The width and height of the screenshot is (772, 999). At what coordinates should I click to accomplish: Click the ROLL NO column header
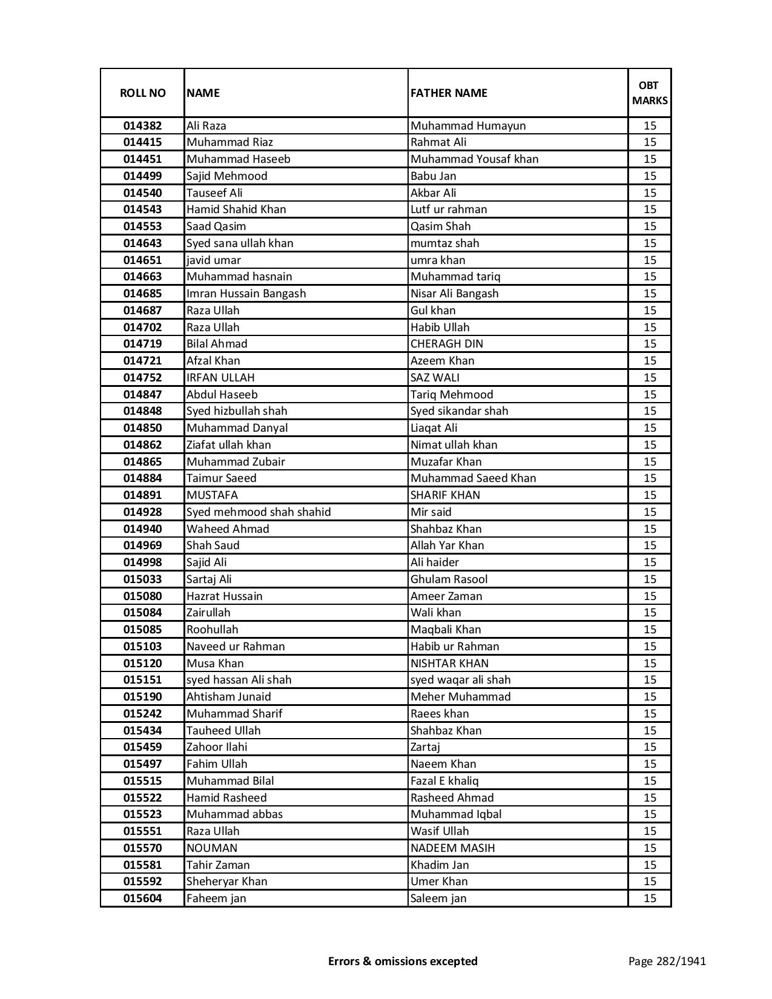142,93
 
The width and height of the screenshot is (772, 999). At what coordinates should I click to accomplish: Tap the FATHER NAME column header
449,93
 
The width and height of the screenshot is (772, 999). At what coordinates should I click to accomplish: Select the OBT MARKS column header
650,93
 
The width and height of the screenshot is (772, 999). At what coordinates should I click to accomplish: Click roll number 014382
142,126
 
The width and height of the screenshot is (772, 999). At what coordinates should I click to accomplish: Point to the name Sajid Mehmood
226,176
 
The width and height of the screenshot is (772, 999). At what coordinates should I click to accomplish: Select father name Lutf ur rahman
448,209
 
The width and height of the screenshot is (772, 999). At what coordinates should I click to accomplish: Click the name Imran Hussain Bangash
246,294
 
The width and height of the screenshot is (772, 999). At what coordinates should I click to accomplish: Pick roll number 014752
142,378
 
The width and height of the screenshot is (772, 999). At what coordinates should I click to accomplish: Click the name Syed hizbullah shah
237,411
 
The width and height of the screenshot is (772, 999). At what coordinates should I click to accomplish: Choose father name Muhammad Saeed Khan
473,478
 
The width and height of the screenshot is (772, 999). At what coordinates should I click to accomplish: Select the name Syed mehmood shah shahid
259,512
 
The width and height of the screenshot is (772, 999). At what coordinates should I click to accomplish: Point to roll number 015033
142,579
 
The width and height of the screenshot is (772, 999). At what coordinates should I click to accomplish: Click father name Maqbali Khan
445,630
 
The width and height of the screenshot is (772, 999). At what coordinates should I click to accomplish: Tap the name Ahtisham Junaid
228,697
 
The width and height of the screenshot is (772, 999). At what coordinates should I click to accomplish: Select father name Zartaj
425,747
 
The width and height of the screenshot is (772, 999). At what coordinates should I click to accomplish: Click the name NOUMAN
211,848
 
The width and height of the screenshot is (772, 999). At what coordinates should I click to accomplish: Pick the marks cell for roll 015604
650,898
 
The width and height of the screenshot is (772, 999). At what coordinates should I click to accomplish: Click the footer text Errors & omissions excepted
403,961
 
